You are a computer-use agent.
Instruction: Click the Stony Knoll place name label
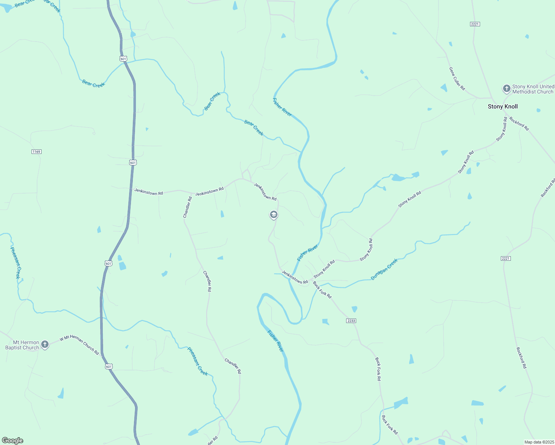point(503,107)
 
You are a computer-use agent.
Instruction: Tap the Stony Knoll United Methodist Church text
point(533,89)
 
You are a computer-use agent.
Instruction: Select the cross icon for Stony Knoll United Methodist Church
point(506,89)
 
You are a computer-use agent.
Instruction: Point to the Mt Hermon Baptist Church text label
point(22,345)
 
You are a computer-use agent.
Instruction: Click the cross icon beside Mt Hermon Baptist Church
point(45,345)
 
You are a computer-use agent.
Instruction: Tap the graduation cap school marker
point(274,215)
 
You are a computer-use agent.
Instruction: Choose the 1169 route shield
point(36,152)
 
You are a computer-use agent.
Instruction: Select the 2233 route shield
point(351,321)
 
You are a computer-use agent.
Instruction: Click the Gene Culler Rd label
point(457,79)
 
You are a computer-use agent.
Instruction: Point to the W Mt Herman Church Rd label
point(79,345)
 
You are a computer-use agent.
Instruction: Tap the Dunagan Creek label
point(384,269)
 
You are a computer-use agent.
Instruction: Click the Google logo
point(13,441)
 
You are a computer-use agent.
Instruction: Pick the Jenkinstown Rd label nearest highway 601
point(148,192)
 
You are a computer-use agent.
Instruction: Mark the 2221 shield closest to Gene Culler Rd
point(475,24)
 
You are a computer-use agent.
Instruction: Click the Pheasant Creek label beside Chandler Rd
point(197,361)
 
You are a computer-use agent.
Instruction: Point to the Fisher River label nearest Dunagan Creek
point(308,253)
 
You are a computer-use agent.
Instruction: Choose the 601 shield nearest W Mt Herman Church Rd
point(108,367)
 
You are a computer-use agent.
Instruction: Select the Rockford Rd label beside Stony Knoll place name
point(519,123)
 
